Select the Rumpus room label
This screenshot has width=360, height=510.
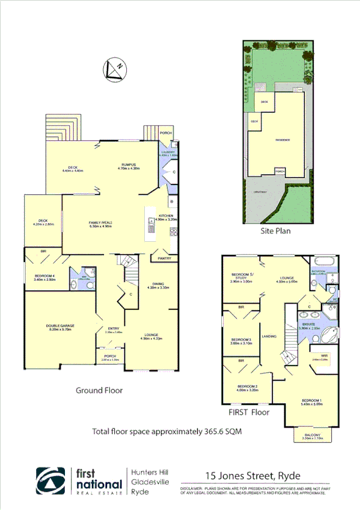pyautogui.click(x=129, y=166)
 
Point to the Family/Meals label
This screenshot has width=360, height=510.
pyautogui.click(x=101, y=224)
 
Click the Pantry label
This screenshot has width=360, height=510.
pyautogui.click(x=165, y=259)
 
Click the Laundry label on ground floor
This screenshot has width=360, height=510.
pyautogui.click(x=167, y=153)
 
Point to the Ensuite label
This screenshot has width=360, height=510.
pyautogui.click(x=308, y=325)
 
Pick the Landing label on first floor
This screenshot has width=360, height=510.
pyautogui.click(x=269, y=336)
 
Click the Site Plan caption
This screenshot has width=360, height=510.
pyautogui.click(x=276, y=230)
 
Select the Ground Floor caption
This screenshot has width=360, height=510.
pyautogui.click(x=99, y=390)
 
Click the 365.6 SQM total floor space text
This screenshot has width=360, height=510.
pyautogui.click(x=166, y=431)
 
